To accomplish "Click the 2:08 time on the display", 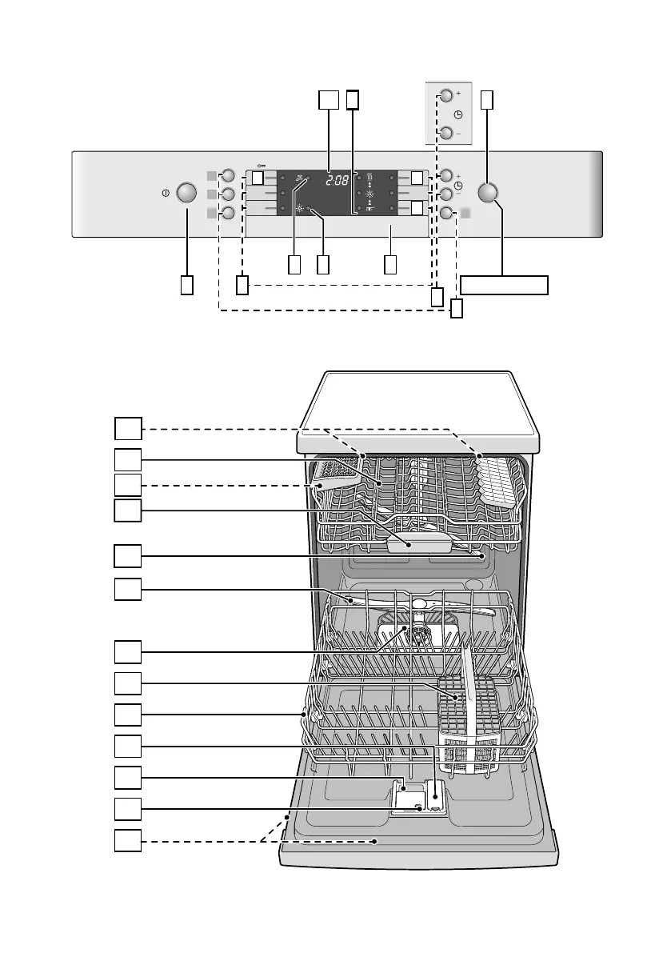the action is coord(337,181).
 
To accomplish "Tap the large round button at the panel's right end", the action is coord(488,193).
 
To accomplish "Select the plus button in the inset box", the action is coord(446,95).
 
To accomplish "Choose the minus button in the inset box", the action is coord(446,133).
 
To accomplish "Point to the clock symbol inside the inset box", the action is coord(458,114).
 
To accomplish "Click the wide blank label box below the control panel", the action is coord(504,285).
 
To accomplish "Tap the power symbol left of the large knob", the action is coord(166,194).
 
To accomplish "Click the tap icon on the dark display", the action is coord(299,178).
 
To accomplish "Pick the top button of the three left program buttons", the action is coord(228,176).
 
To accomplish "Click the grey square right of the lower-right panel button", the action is coord(465,214).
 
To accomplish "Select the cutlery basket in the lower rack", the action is coord(469,723).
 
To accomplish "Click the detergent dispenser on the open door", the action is coord(419,797).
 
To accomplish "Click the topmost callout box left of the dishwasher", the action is coord(128,428).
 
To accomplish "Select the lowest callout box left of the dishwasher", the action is coord(128,840).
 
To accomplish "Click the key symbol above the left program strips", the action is coord(262,166).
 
